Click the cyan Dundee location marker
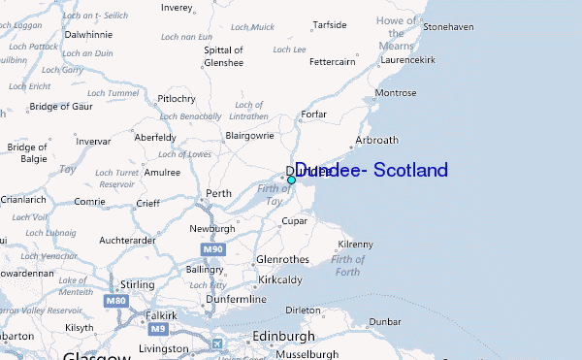291,180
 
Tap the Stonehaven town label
448,26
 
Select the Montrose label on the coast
395,93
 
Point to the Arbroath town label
377,140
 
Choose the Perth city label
219,193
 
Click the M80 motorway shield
116,301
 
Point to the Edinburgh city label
283,336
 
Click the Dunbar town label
385,321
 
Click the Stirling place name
137,285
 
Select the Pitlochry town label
177,98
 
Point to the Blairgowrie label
250,135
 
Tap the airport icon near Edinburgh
216,343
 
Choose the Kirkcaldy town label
279,279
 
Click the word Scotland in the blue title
406,170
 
